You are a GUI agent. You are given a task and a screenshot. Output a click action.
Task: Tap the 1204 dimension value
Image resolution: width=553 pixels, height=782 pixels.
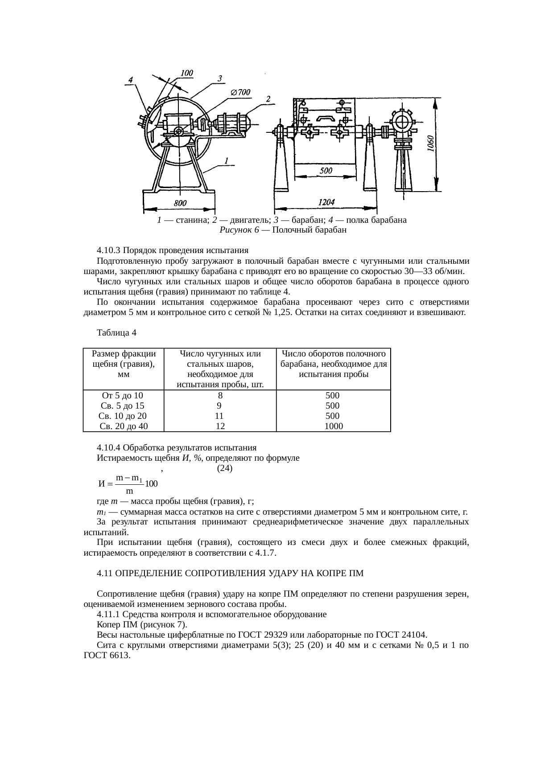tap(326, 202)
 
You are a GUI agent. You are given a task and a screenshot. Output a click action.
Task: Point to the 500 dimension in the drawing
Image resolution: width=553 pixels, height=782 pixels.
tap(326, 171)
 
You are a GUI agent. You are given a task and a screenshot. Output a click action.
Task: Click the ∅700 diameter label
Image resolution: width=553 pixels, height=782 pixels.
tap(240, 92)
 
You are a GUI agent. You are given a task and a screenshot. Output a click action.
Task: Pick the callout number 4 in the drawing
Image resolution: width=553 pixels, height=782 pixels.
tap(131, 80)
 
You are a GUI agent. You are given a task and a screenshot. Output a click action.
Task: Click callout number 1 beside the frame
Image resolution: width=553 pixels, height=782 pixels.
tap(227, 161)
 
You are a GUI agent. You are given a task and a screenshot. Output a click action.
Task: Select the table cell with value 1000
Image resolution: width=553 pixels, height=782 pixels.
tap(333, 426)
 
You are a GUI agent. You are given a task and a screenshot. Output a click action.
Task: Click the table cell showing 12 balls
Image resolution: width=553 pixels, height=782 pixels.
tap(220, 426)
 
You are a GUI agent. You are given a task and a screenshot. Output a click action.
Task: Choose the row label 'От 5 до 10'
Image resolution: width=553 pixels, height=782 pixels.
tap(123, 395)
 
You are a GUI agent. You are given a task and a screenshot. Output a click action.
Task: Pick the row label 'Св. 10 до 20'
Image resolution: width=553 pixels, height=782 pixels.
tap(123, 416)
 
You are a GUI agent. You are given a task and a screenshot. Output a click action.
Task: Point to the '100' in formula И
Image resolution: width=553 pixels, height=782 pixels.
tap(152, 483)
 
